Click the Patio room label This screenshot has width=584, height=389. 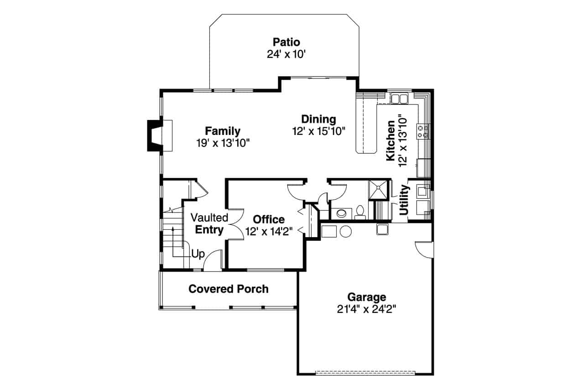pyautogui.click(x=287, y=42)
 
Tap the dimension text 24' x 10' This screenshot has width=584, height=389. pyautogui.click(x=286, y=54)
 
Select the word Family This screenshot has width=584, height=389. pyautogui.click(x=222, y=131)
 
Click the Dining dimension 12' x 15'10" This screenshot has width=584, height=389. pyautogui.click(x=318, y=131)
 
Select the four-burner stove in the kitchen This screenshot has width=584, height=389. pyautogui.click(x=422, y=131)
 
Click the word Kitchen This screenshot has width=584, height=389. pyautogui.click(x=391, y=140)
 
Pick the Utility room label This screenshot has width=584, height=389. pyautogui.click(x=404, y=200)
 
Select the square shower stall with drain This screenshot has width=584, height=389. pyautogui.click(x=378, y=190)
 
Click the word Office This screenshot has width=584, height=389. pyautogui.click(x=269, y=219)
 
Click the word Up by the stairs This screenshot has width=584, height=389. pyautogui.click(x=198, y=254)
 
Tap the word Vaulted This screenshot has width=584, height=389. pyautogui.click(x=209, y=218)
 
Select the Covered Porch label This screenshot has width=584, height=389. pyautogui.click(x=228, y=289)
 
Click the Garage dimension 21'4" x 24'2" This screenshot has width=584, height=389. pyautogui.click(x=366, y=309)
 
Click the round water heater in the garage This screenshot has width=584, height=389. pyautogui.click(x=345, y=231)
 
